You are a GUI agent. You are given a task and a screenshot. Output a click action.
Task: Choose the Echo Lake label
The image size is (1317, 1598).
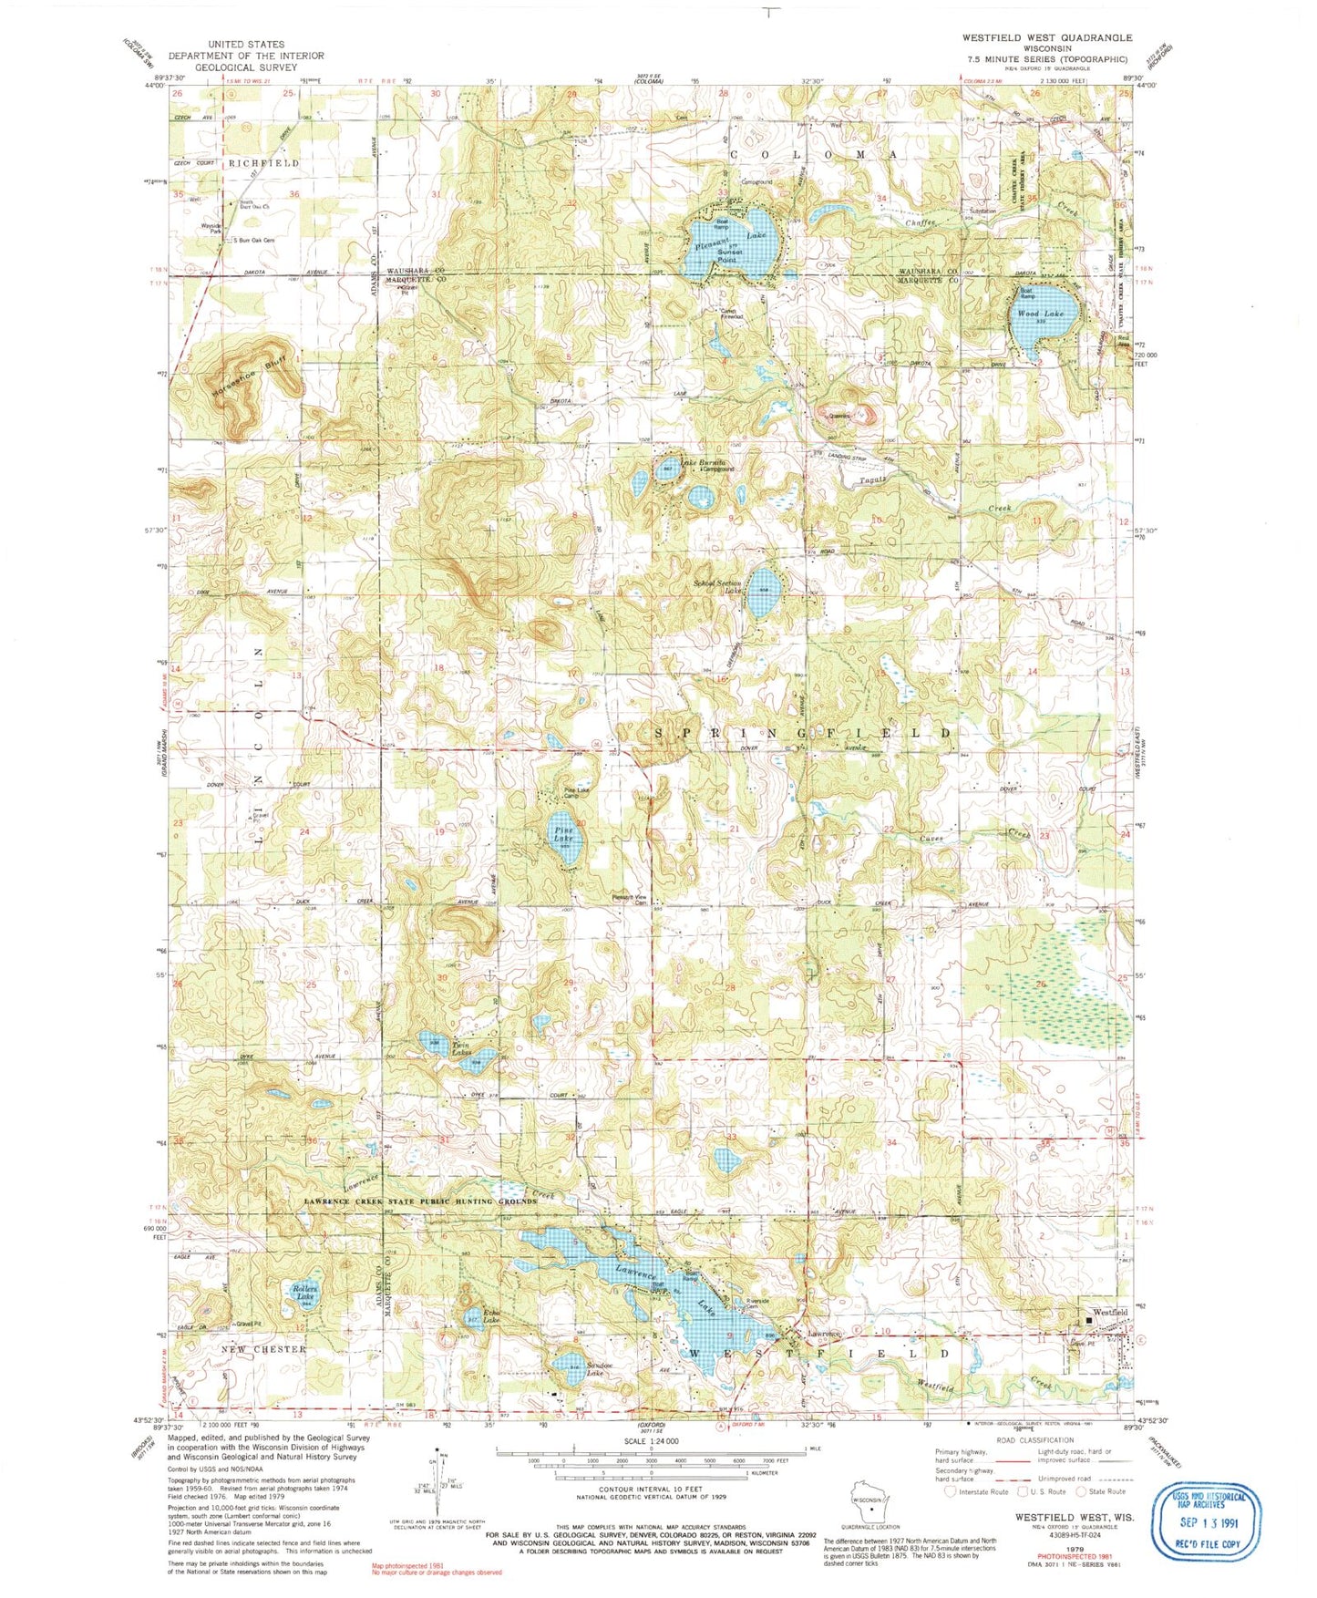[x=491, y=1316]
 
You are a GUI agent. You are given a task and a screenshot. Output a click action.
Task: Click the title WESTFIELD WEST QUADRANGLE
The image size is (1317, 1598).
[x=1047, y=37]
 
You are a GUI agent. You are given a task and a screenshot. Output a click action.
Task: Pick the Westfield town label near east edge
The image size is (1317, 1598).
[x=1111, y=1312]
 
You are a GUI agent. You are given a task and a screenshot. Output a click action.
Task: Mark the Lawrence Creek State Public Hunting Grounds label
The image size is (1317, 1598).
[x=420, y=1201]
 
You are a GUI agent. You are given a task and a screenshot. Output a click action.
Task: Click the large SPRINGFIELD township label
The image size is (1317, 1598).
[x=802, y=733]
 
